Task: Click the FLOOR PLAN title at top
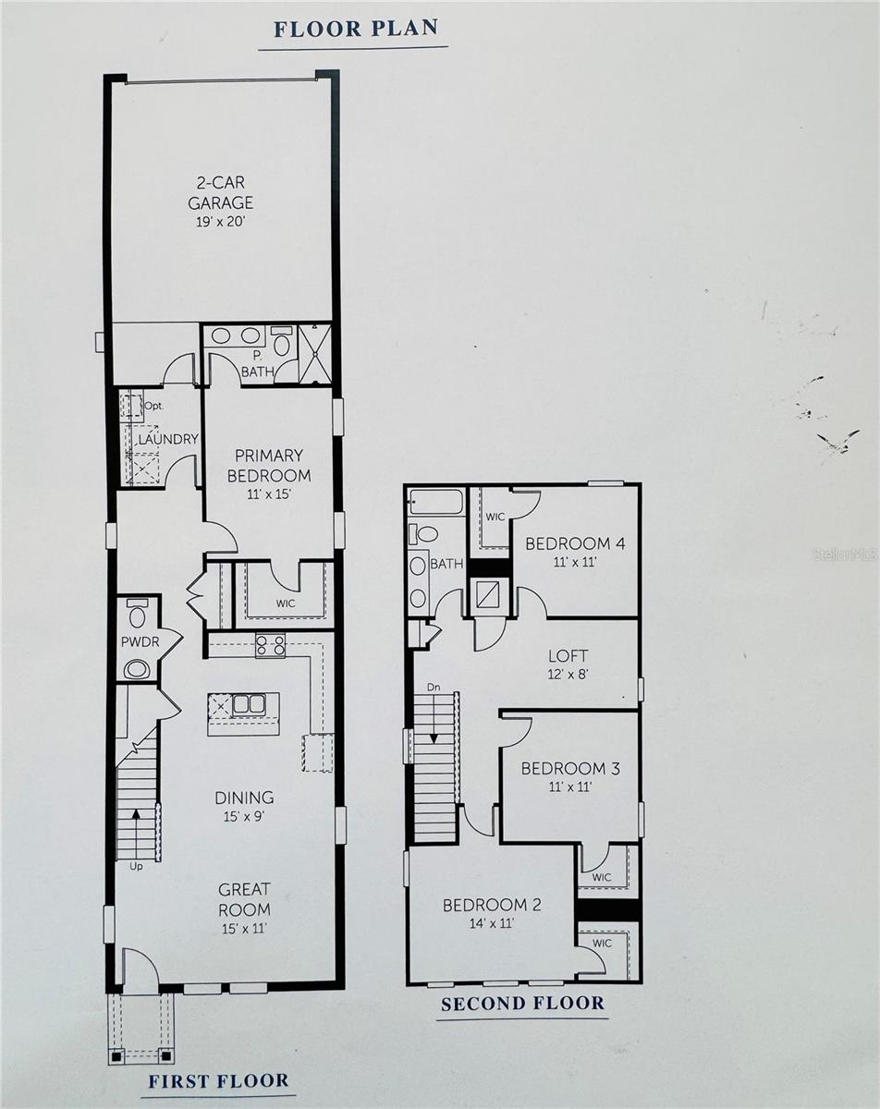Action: pos(355,28)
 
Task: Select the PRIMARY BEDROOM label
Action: pos(269,466)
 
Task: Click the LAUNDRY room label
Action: pos(168,439)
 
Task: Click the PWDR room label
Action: pos(135,640)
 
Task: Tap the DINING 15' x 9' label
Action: pos(244,806)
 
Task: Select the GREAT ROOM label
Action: pos(244,899)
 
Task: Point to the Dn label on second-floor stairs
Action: pos(434,688)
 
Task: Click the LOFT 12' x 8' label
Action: pos(567,664)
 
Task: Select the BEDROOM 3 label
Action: pos(568,776)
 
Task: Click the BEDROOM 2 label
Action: pos(491,912)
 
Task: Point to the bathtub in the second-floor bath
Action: pos(434,502)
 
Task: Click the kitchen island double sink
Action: pos(248,704)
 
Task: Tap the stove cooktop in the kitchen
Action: pos(270,645)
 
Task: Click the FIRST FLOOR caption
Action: pos(219,1080)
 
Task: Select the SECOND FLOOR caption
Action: pos(522,1004)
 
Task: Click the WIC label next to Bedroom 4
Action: pos(495,517)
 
